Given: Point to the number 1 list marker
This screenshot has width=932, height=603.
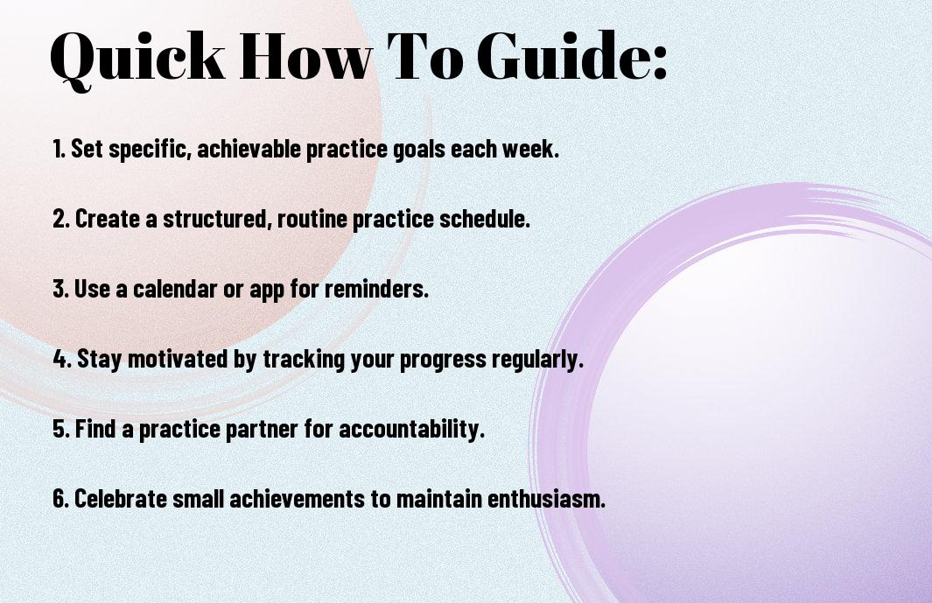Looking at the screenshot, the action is (59, 149).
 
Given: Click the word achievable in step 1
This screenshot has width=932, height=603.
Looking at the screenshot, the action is (249, 148).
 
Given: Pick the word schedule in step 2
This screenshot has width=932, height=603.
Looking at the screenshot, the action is (485, 218).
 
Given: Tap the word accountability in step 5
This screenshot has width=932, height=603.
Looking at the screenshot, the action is (412, 430).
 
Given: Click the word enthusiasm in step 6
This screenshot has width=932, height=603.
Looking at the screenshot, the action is (546, 498).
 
